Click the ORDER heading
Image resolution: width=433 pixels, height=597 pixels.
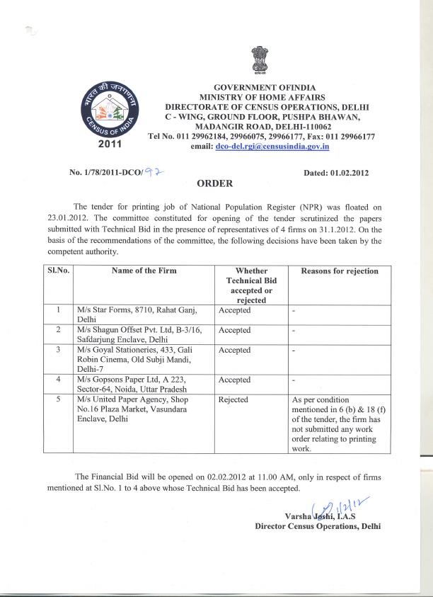(215, 183)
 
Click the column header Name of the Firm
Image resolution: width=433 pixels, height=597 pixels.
(144, 271)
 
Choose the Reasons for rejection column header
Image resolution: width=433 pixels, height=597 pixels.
(340, 271)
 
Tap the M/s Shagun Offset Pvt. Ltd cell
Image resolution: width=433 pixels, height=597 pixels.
(137, 334)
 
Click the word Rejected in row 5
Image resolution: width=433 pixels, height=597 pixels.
(233, 400)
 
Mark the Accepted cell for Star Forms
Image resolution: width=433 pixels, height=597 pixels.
(235, 310)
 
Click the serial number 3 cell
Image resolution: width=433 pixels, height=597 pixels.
(57, 350)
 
